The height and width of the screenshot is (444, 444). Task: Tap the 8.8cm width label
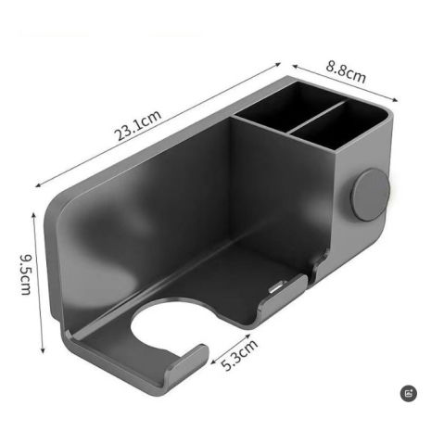345,73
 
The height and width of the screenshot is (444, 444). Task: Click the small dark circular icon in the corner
409,393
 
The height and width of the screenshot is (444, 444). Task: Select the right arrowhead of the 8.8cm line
399,102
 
